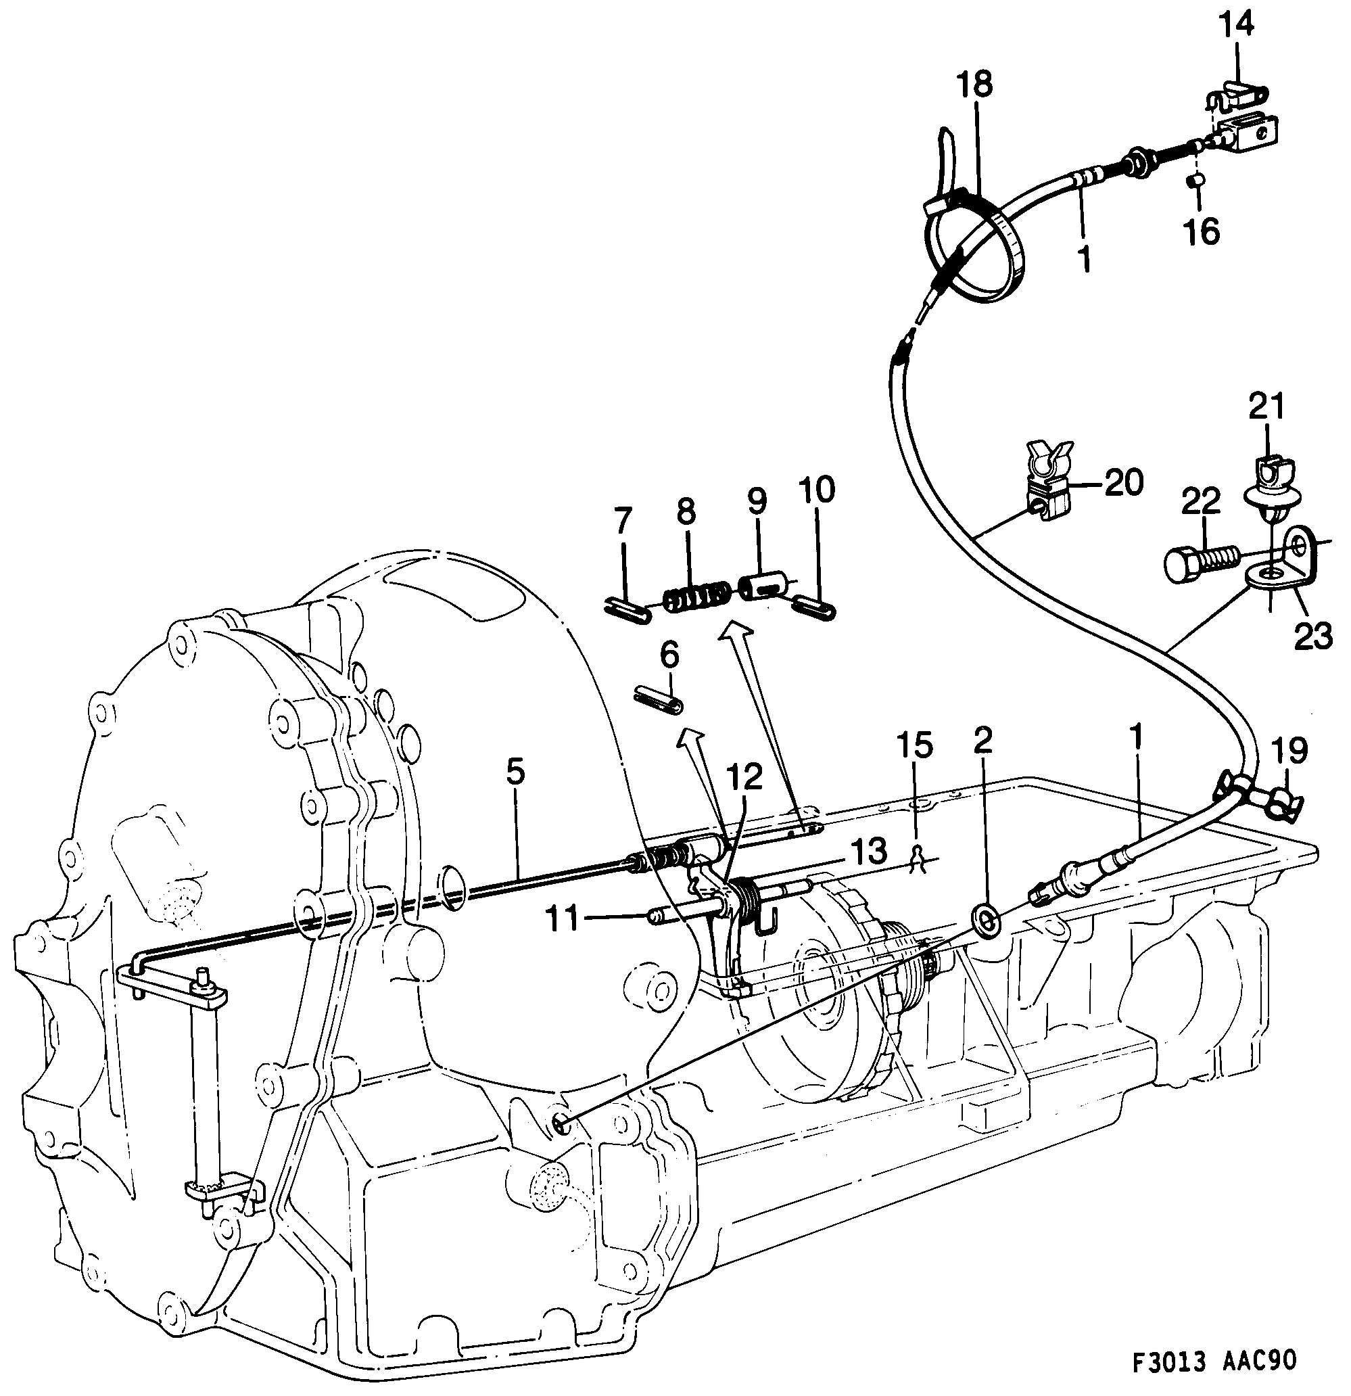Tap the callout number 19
pos(1287,751)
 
